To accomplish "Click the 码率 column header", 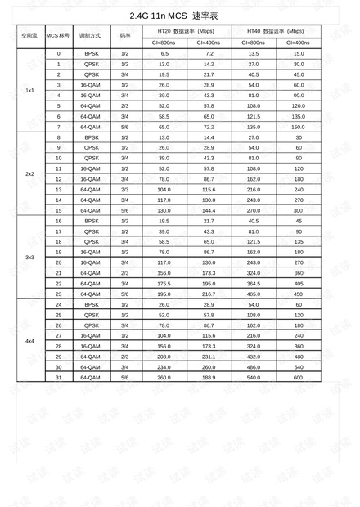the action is point(125,36).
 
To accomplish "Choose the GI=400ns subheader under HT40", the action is point(298,42).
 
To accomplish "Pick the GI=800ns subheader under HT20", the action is point(164,42).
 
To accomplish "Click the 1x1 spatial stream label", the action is point(29,90).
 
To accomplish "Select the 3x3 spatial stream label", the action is point(29,258).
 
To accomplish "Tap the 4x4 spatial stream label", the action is point(29,341).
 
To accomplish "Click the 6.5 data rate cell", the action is point(164,53).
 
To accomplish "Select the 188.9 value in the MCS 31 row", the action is point(209,377).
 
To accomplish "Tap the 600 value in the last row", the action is point(298,377).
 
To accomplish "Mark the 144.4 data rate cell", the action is point(209,210).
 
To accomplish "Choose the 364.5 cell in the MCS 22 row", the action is point(254,283).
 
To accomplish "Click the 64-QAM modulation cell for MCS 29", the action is point(90,357).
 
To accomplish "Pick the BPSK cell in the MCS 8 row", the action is point(90,137).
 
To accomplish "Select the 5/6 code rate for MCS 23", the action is point(125,294).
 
